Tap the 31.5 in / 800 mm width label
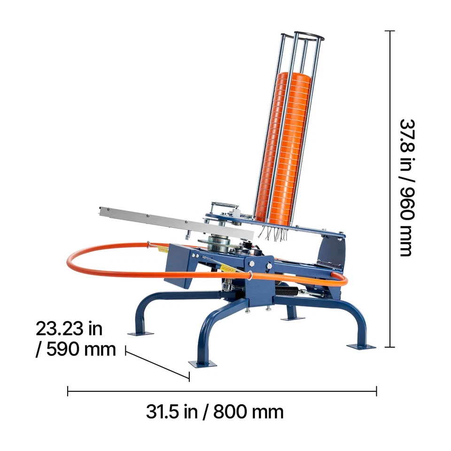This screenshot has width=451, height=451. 215,412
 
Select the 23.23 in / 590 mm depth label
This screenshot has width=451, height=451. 76,339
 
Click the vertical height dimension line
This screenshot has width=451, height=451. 390,189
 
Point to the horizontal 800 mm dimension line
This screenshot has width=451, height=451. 222,391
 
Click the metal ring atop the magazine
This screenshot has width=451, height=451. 309,36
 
